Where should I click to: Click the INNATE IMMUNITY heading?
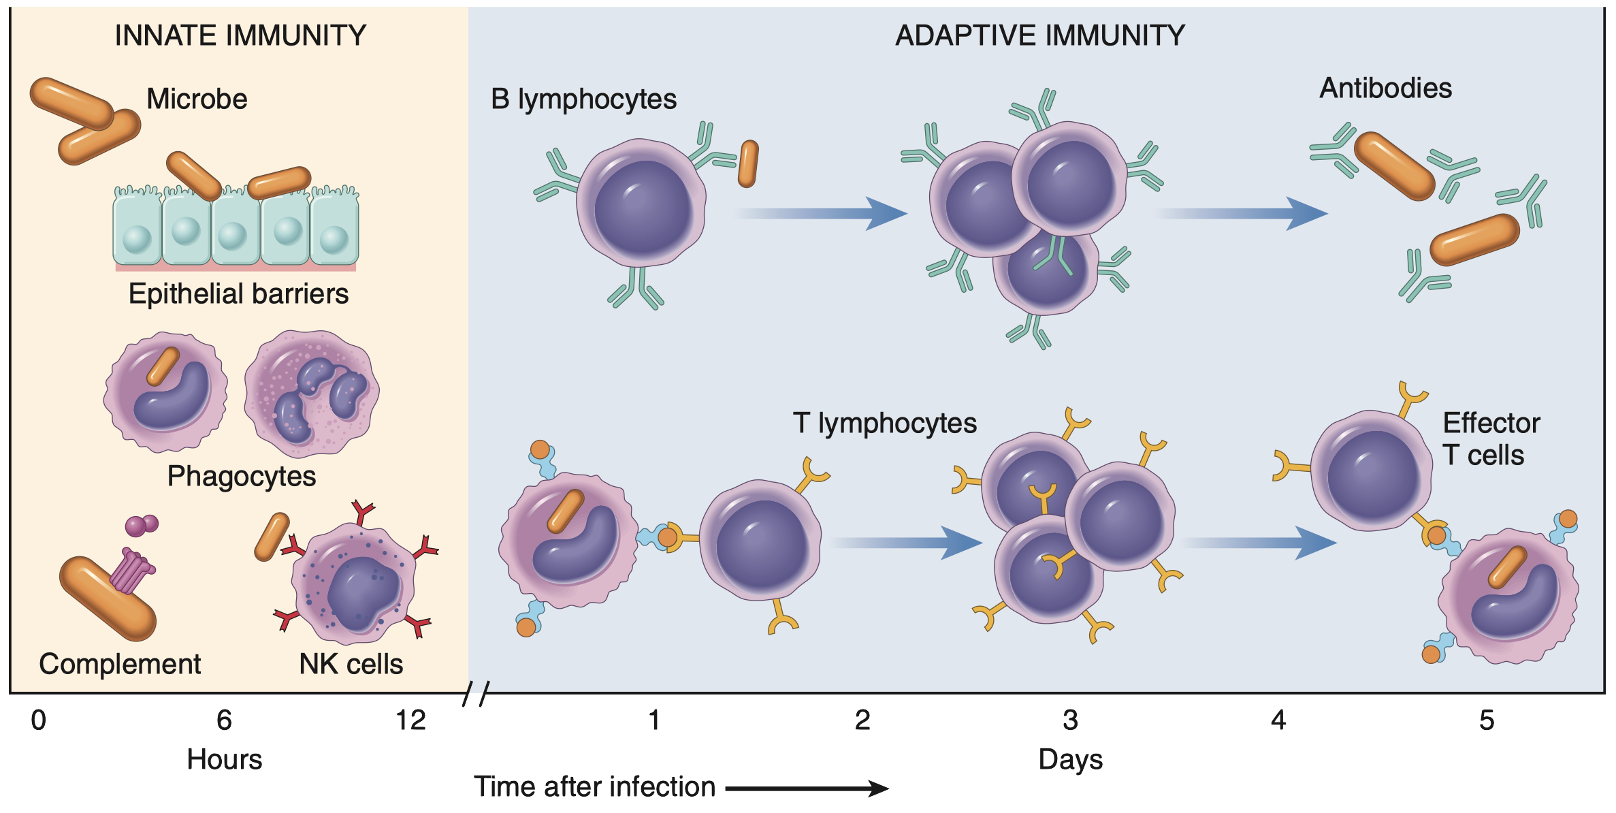coord(240,35)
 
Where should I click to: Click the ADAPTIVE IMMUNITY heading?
coord(1039,35)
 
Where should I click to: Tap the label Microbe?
coord(197,99)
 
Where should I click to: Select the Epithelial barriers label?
coord(238,294)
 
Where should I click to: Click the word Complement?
coord(120,664)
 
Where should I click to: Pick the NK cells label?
coord(351,664)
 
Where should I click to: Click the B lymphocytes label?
coord(583,99)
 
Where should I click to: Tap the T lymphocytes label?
coord(884,424)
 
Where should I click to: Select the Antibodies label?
coord(1385,89)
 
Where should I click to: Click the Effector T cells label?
coord(1491,439)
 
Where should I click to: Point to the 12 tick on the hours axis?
coord(411,720)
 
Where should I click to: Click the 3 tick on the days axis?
coord(1070,720)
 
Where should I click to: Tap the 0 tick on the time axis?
coord(39,720)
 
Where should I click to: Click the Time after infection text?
coord(594,787)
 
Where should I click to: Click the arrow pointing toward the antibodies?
coord(1242,214)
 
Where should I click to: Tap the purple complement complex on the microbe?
coord(131,571)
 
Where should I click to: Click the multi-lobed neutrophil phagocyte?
coord(312,394)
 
